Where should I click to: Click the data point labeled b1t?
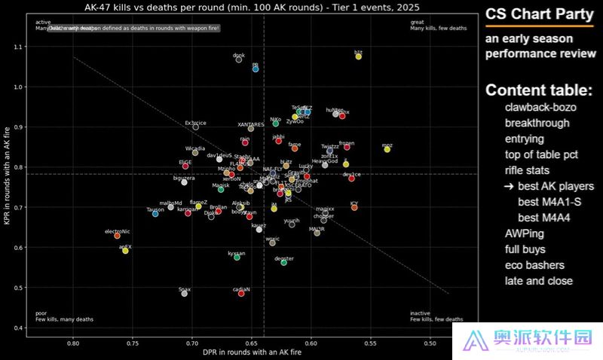[x=359, y=56]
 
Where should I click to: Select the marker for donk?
[x=239, y=59]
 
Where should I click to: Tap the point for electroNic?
[x=117, y=236]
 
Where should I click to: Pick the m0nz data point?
[x=387, y=149]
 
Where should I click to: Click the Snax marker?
[x=184, y=293]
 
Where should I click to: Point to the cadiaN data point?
[x=241, y=293]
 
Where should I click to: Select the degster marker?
[x=284, y=262]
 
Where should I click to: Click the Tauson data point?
[x=155, y=214]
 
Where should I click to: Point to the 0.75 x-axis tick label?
[x=133, y=343]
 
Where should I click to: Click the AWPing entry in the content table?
[x=523, y=233]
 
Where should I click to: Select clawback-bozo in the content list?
[x=540, y=107]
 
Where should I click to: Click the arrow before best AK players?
[x=510, y=186]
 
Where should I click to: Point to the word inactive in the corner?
[x=421, y=313]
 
